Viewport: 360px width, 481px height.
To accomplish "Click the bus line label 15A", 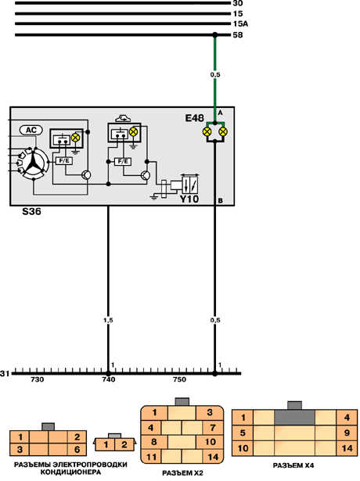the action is (240, 24).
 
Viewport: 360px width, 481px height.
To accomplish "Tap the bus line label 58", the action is (238, 35).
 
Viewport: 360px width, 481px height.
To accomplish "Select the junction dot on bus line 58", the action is (215, 35).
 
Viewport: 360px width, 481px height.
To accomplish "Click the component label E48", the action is (194, 118).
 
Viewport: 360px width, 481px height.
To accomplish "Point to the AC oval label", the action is (31, 130).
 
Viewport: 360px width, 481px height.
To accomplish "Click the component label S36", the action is (31, 211).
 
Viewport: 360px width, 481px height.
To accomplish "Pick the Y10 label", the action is (189, 199).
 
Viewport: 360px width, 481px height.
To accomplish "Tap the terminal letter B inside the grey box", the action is (220, 201).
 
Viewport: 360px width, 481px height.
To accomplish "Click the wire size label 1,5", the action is (108, 320).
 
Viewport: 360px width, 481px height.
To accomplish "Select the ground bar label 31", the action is (4, 374).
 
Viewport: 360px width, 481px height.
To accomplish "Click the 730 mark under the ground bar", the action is (37, 379).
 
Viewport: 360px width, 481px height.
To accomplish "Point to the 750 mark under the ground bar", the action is (179, 379).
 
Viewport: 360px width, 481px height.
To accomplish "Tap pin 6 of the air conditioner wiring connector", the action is (77, 450).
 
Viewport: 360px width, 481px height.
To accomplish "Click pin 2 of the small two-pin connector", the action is (124, 444).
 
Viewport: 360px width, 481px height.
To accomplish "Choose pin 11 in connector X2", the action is (151, 457).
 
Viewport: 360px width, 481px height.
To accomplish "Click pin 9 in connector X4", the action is (347, 433).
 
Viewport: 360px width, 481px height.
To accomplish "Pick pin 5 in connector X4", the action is (243, 433).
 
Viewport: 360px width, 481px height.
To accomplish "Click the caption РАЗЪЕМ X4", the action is (293, 465).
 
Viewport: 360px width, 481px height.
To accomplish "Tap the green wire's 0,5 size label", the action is (215, 74).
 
